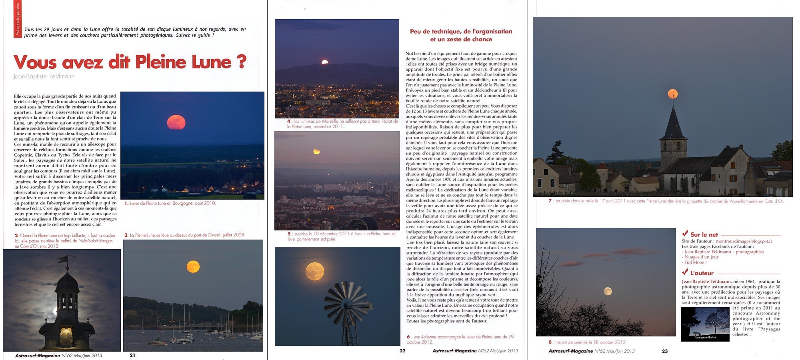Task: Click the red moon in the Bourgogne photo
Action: coord(176,122)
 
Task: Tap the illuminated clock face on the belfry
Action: coord(66,336)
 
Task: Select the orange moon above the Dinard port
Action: coord(193,266)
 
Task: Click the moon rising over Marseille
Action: coord(325,62)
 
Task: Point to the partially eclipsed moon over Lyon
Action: coord(316,151)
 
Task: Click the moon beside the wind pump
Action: coord(315,271)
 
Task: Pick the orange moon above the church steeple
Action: coord(672,94)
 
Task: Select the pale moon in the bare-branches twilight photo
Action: coord(608,291)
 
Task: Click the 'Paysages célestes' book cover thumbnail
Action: coord(705,324)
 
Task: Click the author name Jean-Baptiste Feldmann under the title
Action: coord(44,76)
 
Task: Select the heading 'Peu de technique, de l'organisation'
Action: coord(461,31)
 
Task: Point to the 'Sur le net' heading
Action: coord(704,235)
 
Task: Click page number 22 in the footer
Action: coord(402,351)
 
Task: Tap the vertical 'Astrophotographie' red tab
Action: coord(17,19)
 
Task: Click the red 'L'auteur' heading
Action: coord(702,273)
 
